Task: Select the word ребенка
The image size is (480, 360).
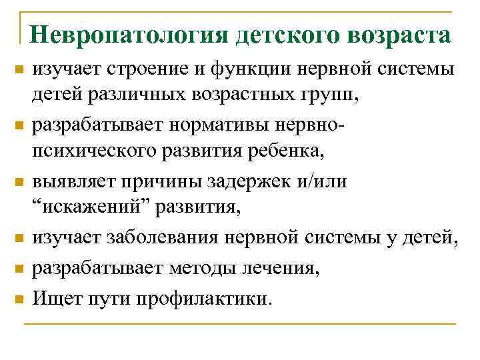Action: coord(289,152)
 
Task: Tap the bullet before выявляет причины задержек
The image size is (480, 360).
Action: coord(20,182)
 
